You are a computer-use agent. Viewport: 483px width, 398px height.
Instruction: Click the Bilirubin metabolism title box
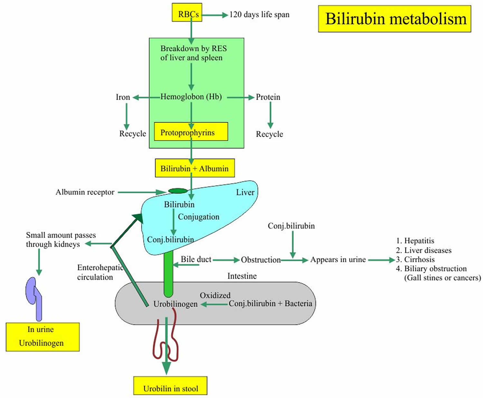[394, 19]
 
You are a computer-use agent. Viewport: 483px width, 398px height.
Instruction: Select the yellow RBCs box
[187, 13]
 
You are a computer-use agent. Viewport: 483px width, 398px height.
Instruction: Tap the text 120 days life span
[259, 15]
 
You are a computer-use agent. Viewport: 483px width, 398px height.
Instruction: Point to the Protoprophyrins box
[191, 132]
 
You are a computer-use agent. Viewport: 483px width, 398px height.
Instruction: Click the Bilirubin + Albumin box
[194, 168]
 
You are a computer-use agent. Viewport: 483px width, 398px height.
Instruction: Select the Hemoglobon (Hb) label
[191, 97]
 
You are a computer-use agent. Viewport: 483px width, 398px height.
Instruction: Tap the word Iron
[123, 97]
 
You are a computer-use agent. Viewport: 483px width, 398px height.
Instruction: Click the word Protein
[268, 97]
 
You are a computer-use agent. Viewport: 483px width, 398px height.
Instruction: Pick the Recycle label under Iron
[132, 134]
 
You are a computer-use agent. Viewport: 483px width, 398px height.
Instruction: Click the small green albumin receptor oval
[178, 191]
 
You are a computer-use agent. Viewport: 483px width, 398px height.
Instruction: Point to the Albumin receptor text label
[85, 192]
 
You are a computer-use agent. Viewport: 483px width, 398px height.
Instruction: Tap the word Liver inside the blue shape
[245, 192]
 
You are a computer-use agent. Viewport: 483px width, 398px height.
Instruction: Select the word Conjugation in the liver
[198, 217]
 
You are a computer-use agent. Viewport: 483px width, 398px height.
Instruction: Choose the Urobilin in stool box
[170, 386]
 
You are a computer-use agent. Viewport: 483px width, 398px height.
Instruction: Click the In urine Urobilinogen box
[43, 337]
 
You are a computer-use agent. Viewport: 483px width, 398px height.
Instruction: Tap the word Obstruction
[261, 260]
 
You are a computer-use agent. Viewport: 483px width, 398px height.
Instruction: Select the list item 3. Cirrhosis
[415, 259]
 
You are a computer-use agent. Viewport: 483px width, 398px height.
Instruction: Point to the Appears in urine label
[338, 260]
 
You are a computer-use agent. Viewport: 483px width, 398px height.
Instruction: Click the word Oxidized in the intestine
[215, 295]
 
